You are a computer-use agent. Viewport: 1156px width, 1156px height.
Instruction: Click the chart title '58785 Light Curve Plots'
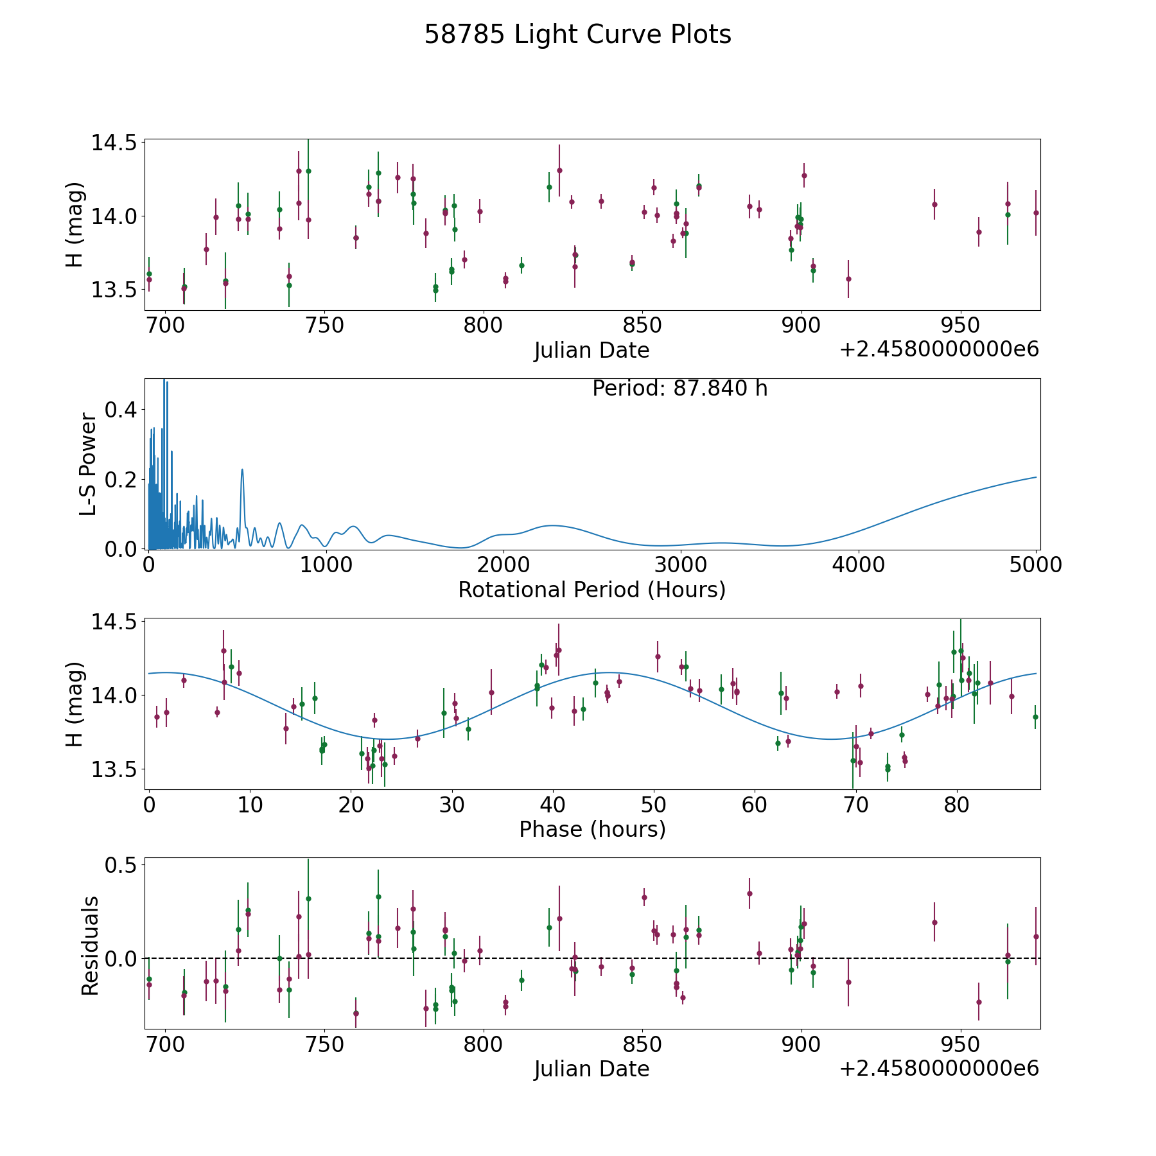577,35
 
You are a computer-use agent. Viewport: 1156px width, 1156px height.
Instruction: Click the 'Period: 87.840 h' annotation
680,389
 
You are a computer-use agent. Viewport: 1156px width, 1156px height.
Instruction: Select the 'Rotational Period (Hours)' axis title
591,590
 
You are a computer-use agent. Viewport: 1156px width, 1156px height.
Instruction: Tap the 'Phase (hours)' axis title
592,829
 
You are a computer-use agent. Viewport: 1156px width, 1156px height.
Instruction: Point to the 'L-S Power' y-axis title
88,464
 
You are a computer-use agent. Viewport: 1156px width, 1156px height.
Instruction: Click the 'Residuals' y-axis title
90,945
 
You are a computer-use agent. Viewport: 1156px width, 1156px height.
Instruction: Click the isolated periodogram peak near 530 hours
242,469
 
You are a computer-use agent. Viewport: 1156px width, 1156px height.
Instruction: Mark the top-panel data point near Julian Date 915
848,279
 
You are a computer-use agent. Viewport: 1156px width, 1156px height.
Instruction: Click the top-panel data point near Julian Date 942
934,204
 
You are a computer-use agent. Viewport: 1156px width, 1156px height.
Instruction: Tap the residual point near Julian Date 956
979,1002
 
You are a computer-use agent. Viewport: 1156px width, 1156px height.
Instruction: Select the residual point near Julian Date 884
749,893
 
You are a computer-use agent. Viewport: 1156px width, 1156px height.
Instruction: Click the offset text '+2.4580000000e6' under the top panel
939,349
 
